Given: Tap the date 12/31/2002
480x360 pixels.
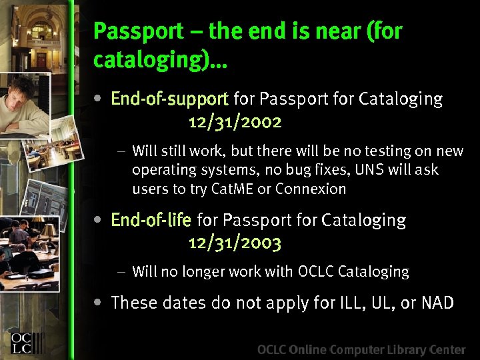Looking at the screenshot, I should (x=235, y=122).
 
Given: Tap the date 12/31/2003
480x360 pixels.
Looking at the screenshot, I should (x=235, y=243).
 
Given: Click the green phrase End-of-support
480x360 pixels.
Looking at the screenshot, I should (x=169, y=99).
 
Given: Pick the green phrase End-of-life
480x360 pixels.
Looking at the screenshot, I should (x=151, y=220).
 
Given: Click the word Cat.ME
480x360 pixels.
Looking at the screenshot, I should (x=232, y=189).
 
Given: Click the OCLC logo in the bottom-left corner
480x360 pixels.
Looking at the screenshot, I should (x=27, y=341).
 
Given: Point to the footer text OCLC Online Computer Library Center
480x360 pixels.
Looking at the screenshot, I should (x=361, y=349).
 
